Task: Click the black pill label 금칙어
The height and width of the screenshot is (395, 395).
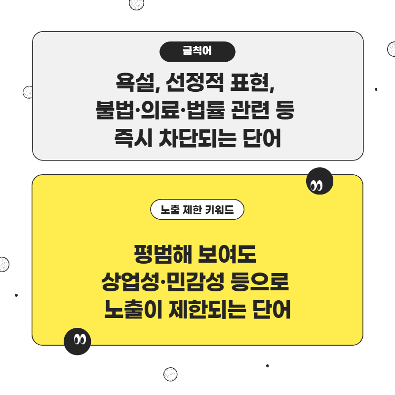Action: (197, 52)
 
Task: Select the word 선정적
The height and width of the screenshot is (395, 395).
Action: (195, 82)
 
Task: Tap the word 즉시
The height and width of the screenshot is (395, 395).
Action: (133, 138)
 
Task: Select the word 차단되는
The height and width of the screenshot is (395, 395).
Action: (198, 138)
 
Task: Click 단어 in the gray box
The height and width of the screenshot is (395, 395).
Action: (262, 138)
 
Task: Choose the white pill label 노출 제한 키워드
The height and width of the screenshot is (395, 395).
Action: (197, 209)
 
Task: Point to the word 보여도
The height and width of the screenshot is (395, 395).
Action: (227, 254)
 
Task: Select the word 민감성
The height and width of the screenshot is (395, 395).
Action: (195, 281)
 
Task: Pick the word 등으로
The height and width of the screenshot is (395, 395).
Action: (260, 281)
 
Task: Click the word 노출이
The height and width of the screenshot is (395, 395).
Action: (133, 309)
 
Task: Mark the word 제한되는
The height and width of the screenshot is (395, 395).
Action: (207, 309)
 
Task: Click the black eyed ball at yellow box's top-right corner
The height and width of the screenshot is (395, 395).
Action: (319, 181)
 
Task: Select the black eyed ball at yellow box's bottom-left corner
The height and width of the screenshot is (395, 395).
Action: (78, 341)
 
